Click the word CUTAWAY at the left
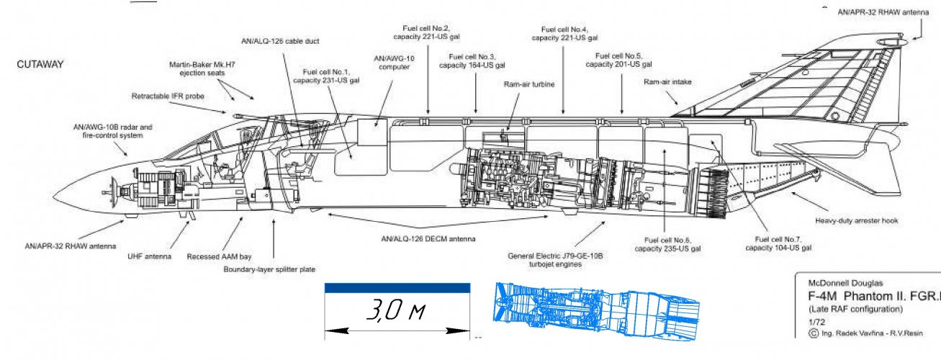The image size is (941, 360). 40,64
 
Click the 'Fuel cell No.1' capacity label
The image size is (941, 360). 325,76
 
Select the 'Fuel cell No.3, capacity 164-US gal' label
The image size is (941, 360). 472,60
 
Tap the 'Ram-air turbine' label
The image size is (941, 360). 528,84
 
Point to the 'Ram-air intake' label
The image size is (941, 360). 667,82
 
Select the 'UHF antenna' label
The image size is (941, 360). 149,256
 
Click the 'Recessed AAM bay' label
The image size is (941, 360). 220,256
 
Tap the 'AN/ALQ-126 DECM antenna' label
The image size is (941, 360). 432,238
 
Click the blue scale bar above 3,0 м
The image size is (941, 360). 397,288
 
